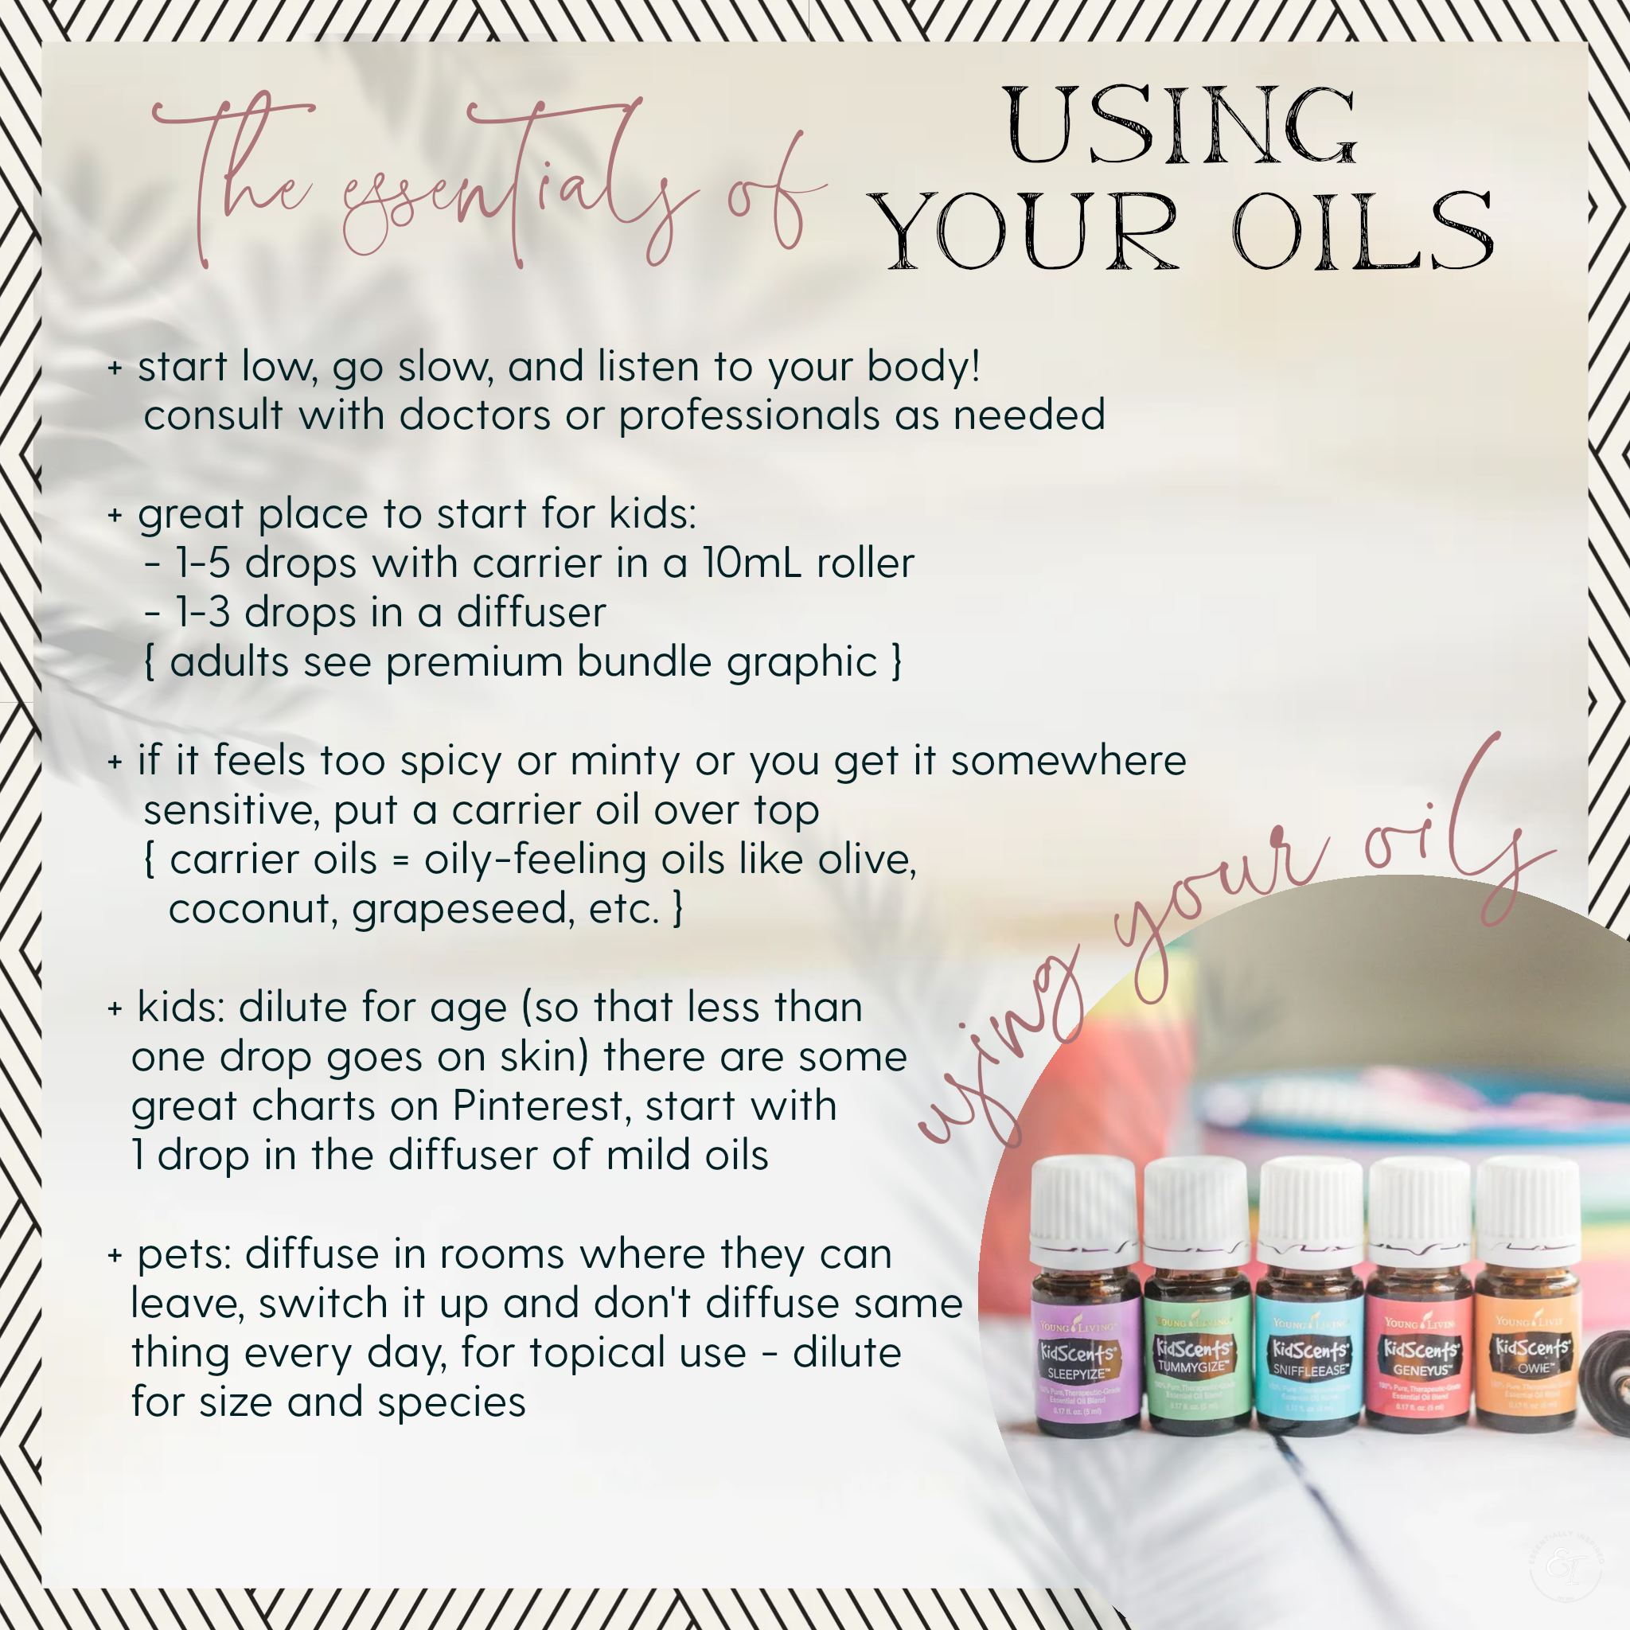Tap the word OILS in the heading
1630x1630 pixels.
tap(1362, 230)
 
